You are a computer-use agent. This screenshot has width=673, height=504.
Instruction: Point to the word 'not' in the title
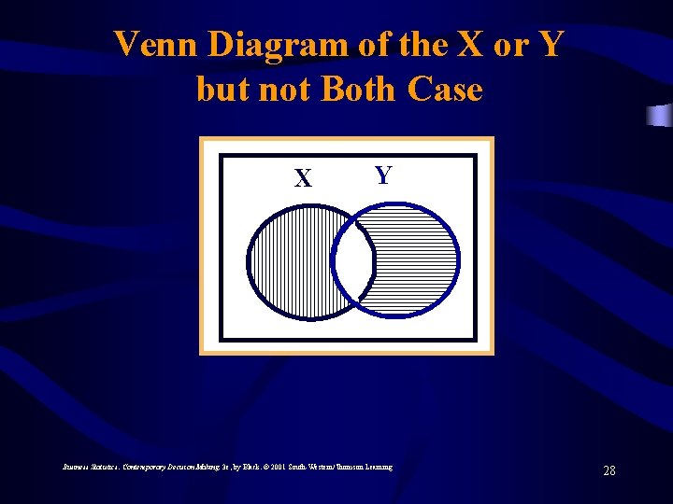(285, 90)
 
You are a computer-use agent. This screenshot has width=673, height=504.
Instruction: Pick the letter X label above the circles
(303, 177)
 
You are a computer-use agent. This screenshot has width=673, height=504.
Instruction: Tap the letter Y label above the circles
(382, 175)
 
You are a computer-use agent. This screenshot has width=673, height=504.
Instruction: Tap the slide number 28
(609, 470)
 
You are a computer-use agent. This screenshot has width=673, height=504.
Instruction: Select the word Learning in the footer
(378, 466)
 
